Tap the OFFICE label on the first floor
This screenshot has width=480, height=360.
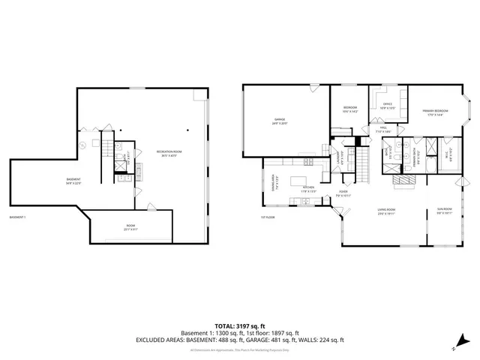click(x=388, y=105)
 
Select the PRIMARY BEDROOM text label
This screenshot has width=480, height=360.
click(x=435, y=113)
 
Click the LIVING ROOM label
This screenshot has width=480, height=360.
click(x=386, y=210)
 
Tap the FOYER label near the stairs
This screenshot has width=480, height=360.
click(x=343, y=192)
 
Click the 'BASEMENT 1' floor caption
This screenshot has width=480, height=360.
click(x=18, y=217)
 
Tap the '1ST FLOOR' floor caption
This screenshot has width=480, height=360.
click(x=268, y=217)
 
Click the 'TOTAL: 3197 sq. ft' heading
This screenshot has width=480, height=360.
click(x=239, y=325)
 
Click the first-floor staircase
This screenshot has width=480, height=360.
click(x=364, y=160)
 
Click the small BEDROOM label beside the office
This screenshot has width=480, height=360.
click(x=349, y=109)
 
